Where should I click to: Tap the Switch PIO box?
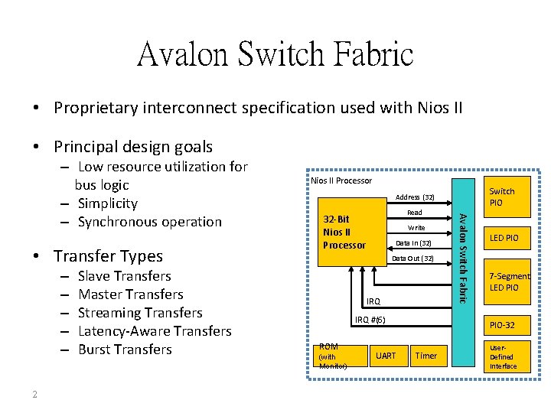502,197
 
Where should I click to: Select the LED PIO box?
504,238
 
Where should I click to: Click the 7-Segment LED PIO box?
509,281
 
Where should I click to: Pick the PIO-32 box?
502,325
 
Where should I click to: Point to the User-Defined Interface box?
503,356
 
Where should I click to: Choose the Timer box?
425,356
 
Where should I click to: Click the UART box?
386,356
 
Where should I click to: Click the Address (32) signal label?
415,197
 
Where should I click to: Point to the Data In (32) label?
413,243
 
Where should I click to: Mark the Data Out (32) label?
412,259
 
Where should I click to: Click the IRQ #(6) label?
370,319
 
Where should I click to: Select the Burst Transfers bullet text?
125,350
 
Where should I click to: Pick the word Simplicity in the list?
108,203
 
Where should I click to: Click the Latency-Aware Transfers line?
155,331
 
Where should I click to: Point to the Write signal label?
416,228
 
